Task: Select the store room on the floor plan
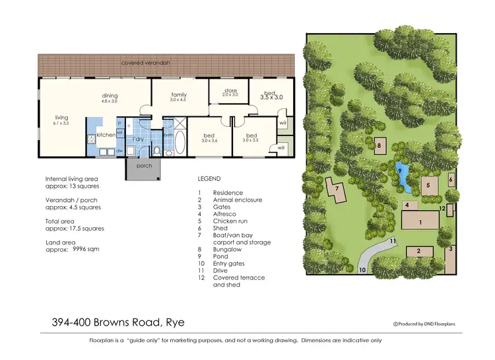[x=229, y=92]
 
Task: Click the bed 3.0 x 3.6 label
[x=210, y=137]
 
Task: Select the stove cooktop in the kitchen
[x=92, y=139]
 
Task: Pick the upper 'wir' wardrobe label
[x=282, y=124]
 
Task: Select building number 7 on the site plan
[x=337, y=189]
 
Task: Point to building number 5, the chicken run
[x=428, y=186]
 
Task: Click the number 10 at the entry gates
[x=362, y=270]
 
